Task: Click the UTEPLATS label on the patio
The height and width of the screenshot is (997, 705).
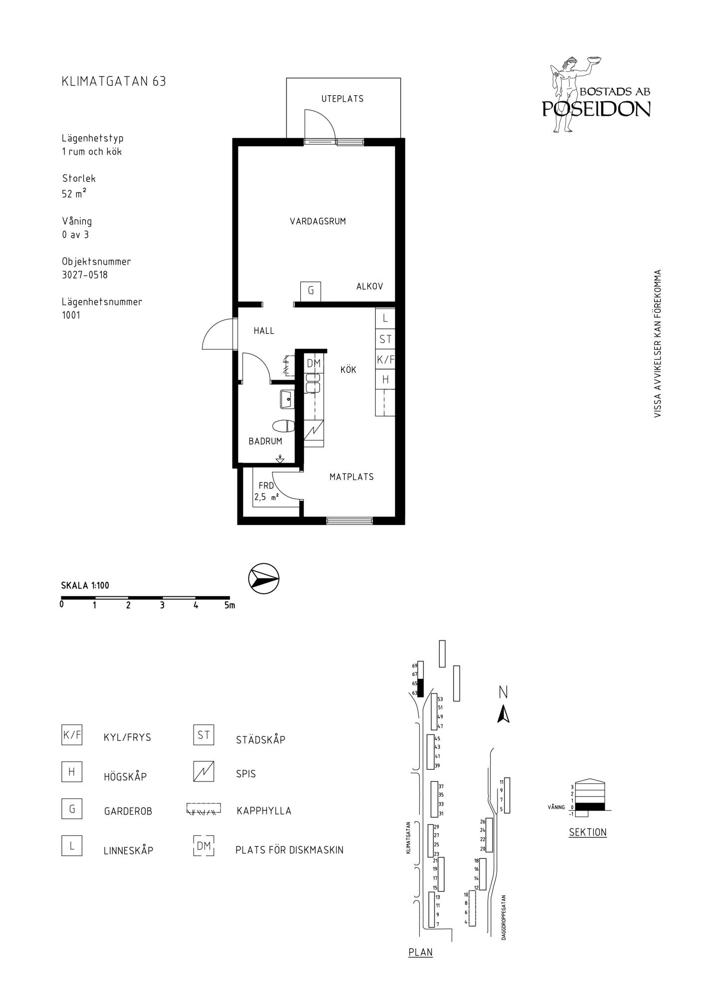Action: (342, 99)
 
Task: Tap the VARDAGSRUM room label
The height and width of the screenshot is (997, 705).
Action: (318, 221)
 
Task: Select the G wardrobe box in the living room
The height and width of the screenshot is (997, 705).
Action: (310, 291)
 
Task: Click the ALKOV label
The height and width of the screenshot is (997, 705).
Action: (370, 286)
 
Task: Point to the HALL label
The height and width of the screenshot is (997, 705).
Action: (264, 331)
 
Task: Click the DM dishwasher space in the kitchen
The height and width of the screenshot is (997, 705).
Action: (314, 363)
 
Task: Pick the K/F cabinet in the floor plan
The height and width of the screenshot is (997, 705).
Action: (385, 359)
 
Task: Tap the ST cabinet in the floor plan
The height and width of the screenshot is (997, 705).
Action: (385, 339)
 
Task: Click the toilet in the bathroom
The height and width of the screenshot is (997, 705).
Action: (284, 426)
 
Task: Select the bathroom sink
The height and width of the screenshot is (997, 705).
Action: (287, 399)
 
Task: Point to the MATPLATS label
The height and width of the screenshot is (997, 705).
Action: (351, 477)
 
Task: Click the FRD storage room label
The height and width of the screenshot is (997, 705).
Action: (266, 486)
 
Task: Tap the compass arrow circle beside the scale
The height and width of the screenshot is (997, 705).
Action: (263, 579)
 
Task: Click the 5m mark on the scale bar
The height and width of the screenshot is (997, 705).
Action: (230, 606)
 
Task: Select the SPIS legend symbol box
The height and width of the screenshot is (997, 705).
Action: (204, 772)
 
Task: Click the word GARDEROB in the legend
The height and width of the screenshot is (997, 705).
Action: (128, 812)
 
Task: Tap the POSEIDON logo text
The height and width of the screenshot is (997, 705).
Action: (596, 109)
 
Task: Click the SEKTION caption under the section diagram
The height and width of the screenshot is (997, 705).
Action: (588, 832)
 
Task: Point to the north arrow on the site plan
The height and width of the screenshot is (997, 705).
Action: (503, 714)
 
